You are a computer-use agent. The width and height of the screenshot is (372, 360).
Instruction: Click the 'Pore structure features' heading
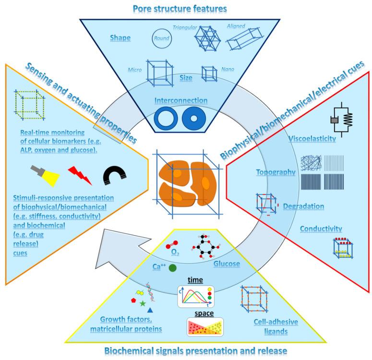click(x=186, y=8)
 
